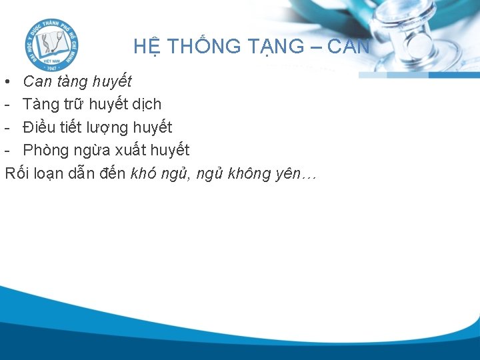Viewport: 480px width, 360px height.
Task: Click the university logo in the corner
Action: [51, 45]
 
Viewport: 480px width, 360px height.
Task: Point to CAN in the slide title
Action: [348, 47]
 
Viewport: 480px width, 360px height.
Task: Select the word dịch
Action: [147, 105]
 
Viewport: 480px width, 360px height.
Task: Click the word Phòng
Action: [46, 150]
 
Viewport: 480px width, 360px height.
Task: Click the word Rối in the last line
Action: [17, 173]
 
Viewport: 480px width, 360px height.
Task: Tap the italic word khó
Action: [144, 173]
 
